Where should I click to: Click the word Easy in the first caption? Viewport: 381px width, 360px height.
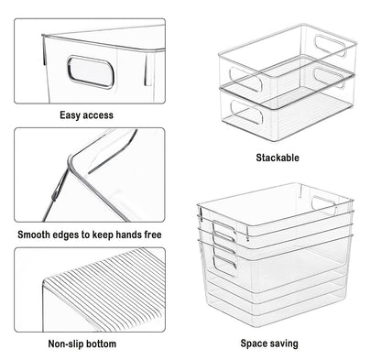[70, 115]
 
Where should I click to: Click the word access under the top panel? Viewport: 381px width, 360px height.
[98, 115]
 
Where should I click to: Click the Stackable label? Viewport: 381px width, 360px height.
[278, 158]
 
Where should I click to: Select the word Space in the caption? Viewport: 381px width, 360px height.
[253, 344]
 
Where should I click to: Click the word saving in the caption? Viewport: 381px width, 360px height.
[283, 344]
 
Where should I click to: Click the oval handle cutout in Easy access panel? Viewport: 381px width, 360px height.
[91, 72]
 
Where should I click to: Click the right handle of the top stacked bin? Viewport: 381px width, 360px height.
[331, 46]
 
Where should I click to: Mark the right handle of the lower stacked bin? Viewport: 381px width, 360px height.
[330, 78]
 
